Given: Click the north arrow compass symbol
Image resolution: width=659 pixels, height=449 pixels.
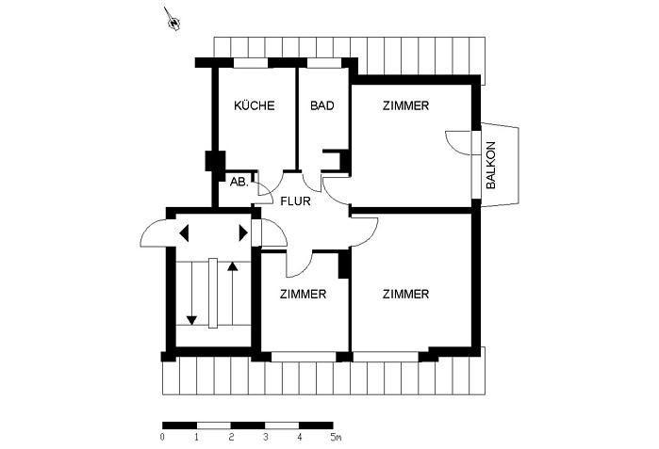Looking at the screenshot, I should (x=173, y=20).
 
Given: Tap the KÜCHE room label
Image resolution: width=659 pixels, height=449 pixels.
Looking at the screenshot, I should (x=254, y=106).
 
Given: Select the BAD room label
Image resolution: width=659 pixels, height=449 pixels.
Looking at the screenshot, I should (x=321, y=106).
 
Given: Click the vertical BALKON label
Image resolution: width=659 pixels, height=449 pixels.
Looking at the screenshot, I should (x=490, y=166).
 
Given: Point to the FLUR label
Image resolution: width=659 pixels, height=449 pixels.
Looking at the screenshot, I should (x=295, y=200).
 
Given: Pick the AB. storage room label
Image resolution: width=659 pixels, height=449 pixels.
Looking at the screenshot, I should (x=239, y=183).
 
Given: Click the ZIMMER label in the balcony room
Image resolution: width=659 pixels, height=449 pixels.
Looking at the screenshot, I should (x=405, y=106).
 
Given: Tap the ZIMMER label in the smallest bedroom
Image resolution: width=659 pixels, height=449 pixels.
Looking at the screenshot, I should (x=303, y=295).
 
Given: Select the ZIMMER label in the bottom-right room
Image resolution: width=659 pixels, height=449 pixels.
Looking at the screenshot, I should (x=405, y=295).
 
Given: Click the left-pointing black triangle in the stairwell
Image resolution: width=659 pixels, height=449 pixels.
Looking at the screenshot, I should (x=184, y=232).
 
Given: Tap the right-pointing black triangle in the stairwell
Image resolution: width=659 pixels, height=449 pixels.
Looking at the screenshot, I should (x=243, y=232).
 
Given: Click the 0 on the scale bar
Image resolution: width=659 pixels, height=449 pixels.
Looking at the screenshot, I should (x=163, y=438).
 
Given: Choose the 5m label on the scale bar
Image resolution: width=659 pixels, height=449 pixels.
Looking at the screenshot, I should (x=336, y=438).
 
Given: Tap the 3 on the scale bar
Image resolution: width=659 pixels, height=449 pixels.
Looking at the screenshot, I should (x=266, y=438).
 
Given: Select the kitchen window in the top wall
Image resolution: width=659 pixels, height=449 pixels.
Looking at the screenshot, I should (x=250, y=63).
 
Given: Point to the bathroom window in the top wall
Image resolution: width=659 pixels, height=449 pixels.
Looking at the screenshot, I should (x=322, y=63).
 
